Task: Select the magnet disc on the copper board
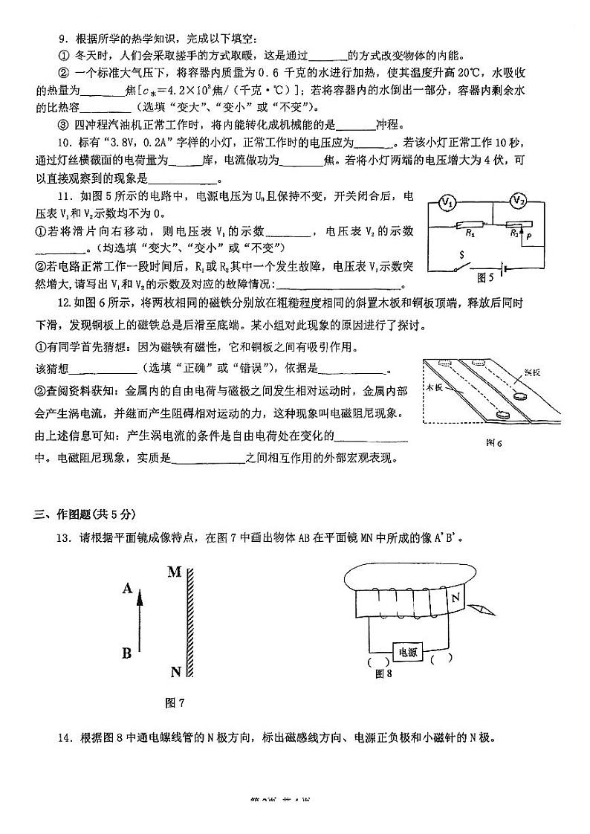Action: coord(514,396)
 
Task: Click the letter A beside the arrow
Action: coord(127,589)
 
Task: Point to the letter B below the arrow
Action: coord(127,653)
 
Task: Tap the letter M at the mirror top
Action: coord(175,572)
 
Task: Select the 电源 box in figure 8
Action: coord(408,651)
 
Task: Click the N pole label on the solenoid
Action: coord(456,597)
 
